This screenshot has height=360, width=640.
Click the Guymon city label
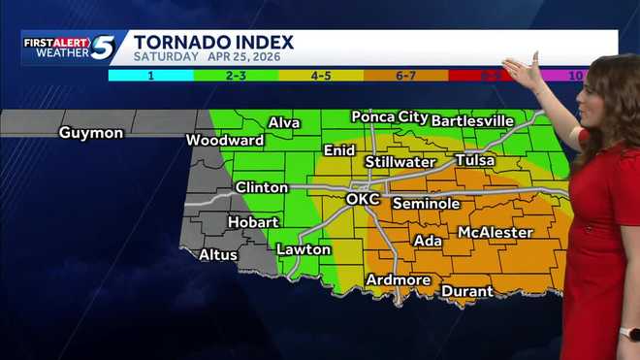point(91,132)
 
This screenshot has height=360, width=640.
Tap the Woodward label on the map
point(225,140)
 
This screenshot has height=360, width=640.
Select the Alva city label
point(284,122)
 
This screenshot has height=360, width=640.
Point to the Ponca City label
point(390,116)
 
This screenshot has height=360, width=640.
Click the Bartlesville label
point(472,120)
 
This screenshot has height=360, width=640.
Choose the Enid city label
point(339,150)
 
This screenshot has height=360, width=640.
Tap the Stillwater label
point(400,161)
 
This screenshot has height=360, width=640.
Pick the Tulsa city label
point(474,159)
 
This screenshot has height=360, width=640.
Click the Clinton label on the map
point(262,187)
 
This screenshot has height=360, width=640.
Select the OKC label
point(363,199)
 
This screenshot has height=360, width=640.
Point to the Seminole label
point(426,204)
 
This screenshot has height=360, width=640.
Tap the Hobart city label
point(253,222)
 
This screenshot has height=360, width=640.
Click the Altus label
point(219,255)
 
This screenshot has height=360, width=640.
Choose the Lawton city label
point(304,249)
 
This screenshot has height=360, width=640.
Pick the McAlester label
point(495,232)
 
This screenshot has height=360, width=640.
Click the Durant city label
point(467,291)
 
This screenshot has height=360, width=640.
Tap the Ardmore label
point(398,280)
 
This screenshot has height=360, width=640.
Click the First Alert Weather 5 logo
point(70,48)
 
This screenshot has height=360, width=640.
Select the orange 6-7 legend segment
point(404,75)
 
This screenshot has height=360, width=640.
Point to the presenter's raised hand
point(522,72)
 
